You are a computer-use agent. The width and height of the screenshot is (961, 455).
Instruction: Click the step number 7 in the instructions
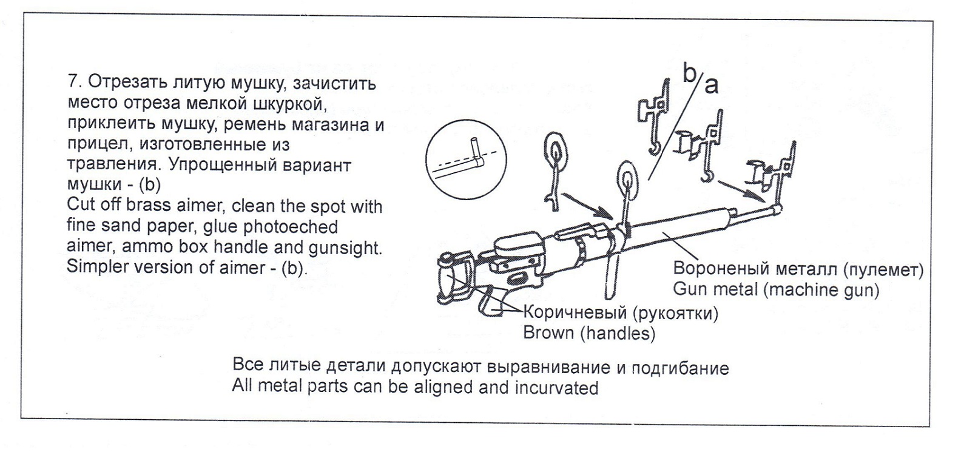pos(72,83)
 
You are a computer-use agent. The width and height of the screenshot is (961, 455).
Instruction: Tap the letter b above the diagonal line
pos(690,73)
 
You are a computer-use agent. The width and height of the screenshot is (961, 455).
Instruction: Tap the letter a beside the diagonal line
pos(711,86)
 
